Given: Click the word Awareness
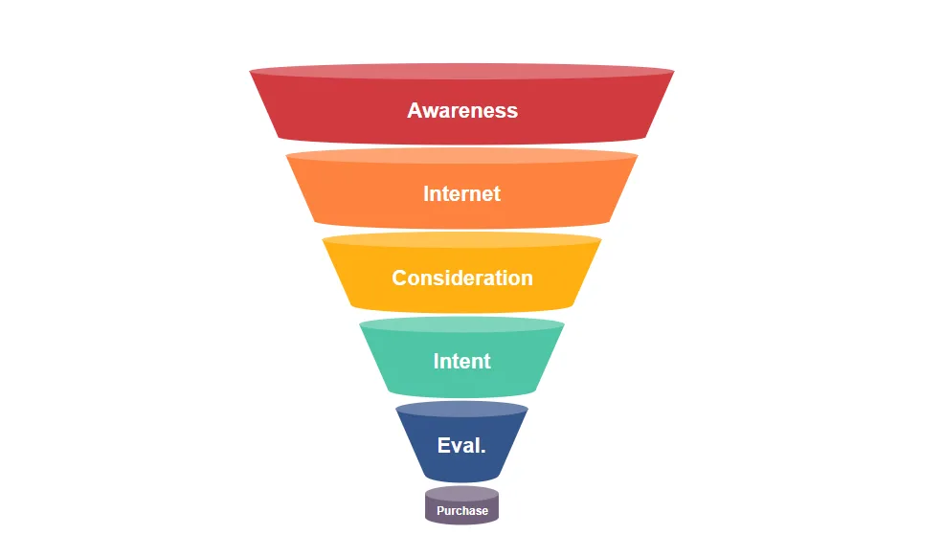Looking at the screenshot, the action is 461,110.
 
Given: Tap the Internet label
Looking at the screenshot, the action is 461,193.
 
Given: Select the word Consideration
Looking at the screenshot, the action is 461,278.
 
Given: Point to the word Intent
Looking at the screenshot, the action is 461,361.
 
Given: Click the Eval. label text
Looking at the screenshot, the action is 461,445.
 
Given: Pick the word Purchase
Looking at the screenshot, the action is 461,511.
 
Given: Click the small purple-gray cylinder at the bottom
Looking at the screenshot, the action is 461,506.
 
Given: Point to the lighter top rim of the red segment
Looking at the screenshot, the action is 461,71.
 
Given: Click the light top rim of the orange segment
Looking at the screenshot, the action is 461,156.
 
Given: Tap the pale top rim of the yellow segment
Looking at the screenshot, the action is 461,240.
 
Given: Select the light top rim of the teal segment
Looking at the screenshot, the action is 461,324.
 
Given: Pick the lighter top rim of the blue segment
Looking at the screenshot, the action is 461,409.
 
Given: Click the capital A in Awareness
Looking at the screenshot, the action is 415,110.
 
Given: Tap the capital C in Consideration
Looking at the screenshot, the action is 400,278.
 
